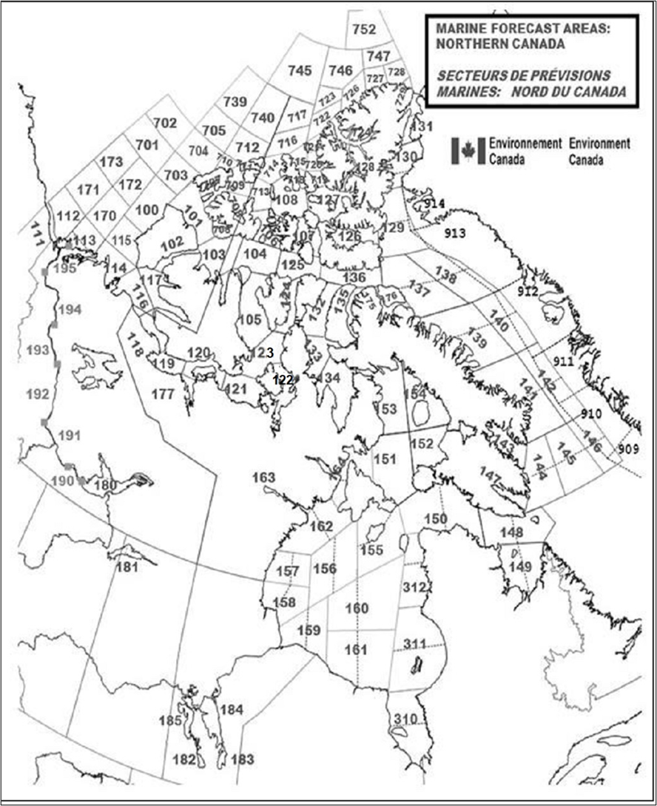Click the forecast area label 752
point(363,30)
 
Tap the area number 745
point(300,71)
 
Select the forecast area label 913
point(455,233)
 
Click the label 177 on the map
point(163,393)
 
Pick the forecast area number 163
point(263,477)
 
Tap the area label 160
point(357,608)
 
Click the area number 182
point(184,759)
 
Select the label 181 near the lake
point(127,568)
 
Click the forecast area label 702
point(164,123)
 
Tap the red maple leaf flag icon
point(468,150)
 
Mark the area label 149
point(521,567)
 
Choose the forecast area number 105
point(250,319)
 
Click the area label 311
point(414,645)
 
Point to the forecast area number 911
point(564,362)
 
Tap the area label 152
point(422,444)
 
